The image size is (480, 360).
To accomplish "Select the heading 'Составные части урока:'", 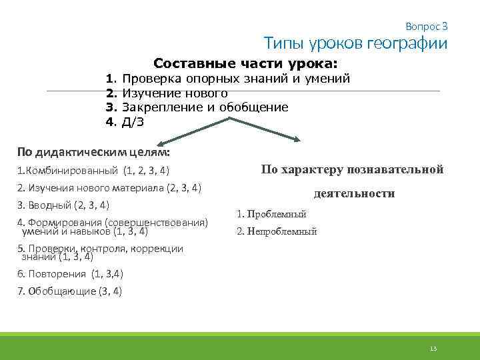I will [x=245, y=64].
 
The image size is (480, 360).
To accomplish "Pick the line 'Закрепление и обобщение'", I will [x=205, y=107].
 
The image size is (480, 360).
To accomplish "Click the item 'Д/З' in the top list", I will [x=133, y=121].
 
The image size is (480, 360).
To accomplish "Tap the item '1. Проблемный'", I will [x=271, y=215].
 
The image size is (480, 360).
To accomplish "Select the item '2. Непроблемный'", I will [x=277, y=232].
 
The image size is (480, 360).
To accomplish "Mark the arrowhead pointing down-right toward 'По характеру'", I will [x=297, y=139].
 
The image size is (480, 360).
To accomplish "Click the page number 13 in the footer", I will [x=433, y=349].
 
